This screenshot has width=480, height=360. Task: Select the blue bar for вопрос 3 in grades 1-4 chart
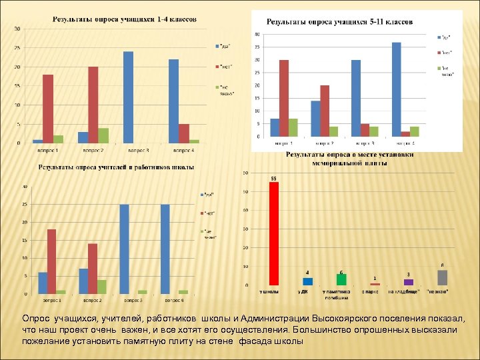pos(128,97)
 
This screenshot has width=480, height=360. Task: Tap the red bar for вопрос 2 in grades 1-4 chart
pos(93,105)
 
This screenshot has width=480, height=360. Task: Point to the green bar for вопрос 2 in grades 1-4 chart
pos(103,135)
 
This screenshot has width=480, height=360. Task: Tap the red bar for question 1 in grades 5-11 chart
pos(284,98)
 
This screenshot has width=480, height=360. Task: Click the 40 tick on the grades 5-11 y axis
pos(257,35)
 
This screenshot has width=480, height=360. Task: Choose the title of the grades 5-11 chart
pos(339,21)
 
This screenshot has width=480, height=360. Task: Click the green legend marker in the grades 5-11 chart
pos(439,68)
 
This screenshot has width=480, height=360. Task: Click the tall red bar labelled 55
pos(273,234)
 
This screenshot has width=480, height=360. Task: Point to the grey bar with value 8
pos(442,278)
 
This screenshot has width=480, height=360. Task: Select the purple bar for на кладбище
pos(409,282)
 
